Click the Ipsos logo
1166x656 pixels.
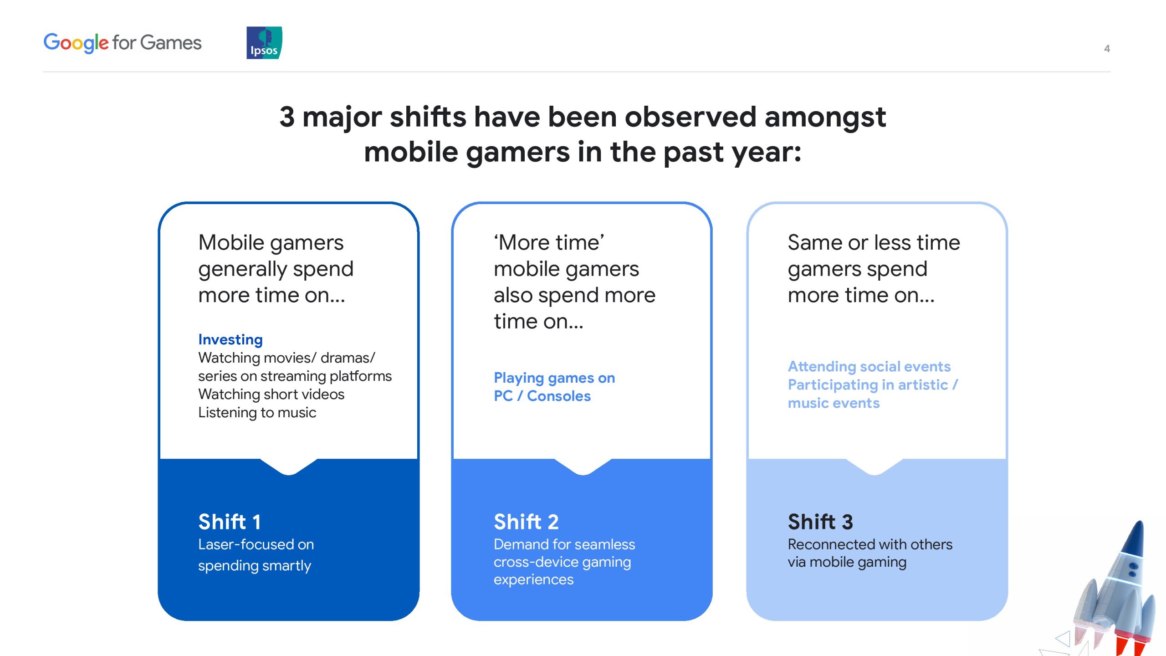pyautogui.click(x=264, y=43)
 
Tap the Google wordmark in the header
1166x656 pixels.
pyautogui.click(x=76, y=43)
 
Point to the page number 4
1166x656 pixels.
pyautogui.click(x=1107, y=49)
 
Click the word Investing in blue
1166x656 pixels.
pyautogui.click(x=230, y=340)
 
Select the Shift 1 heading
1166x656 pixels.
pyautogui.click(x=230, y=522)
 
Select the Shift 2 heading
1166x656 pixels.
pyautogui.click(x=526, y=522)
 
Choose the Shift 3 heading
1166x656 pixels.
pyautogui.click(x=820, y=522)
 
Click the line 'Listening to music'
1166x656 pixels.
pyautogui.click(x=257, y=413)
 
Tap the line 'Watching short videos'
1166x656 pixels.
pyautogui.click(x=271, y=395)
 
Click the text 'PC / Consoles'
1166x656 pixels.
pyautogui.click(x=542, y=396)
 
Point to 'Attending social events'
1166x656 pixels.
pyautogui.click(x=869, y=367)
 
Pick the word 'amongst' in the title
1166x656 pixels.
pyautogui.click(x=825, y=118)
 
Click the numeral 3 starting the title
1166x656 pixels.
pyautogui.click(x=287, y=117)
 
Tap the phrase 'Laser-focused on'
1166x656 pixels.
pyautogui.click(x=256, y=544)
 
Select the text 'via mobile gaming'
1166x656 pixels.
pyautogui.click(x=847, y=563)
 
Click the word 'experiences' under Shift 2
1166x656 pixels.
pyautogui.click(x=533, y=580)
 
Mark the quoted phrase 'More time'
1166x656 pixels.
pyautogui.click(x=549, y=242)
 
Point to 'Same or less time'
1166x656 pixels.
pyautogui.click(x=874, y=242)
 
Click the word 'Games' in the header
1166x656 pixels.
pyautogui.click(x=171, y=43)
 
